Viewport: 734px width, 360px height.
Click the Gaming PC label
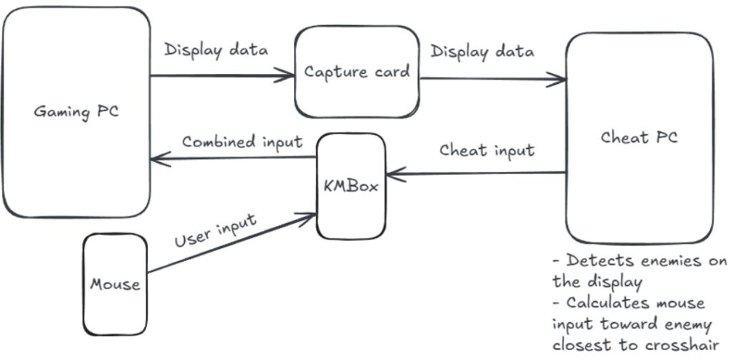coord(76,113)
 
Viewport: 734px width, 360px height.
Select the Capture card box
coord(357,72)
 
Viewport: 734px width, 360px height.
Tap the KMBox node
coord(351,186)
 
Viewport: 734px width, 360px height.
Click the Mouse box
coord(115,284)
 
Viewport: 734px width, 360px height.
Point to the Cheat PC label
coord(639,137)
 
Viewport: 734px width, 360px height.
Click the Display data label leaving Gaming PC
coord(216,50)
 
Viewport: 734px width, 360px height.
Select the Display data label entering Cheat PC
coord(482,52)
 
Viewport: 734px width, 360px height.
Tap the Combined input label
coord(242,142)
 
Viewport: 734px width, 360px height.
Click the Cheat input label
coord(487,151)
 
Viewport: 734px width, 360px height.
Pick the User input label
coord(215,230)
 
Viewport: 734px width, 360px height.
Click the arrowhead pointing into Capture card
coord(285,75)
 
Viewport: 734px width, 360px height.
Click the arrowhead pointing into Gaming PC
coord(160,160)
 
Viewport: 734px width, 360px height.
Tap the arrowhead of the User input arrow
coord(307,218)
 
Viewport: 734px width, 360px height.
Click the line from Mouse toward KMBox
coord(232,243)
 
